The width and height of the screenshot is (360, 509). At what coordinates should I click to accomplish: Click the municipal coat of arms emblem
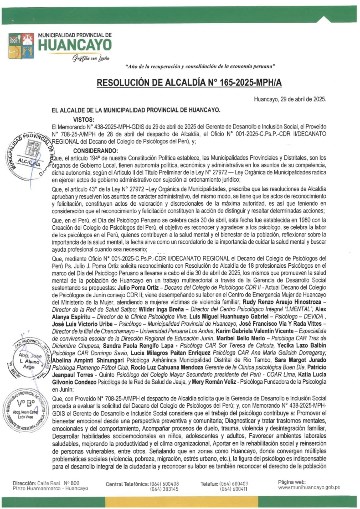click(21, 45)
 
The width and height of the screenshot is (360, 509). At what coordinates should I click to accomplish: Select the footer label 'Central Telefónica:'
click(127, 484)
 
